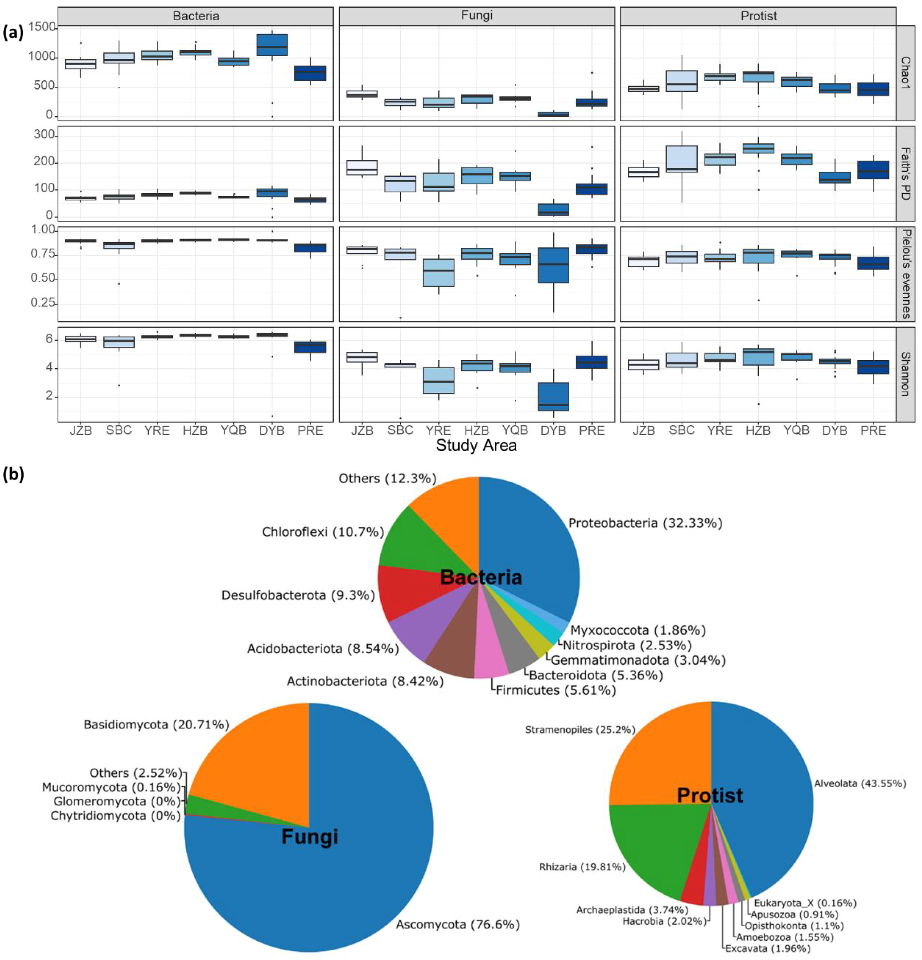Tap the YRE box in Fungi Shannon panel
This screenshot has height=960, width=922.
pyautogui.click(x=438, y=380)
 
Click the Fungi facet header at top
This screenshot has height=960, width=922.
pyautogui.click(x=476, y=16)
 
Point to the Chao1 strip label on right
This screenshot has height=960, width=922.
pyautogui.click(x=905, y=73)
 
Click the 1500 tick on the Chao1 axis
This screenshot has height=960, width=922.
pyautogui.click(x=41, y=27)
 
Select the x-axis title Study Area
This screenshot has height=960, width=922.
pyautogui.click(x=476, y=445)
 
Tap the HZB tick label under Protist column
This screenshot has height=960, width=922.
pyautogui.click(x=758, y=430)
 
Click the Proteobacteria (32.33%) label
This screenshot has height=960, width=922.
pyautogui.click(x=645, y=523)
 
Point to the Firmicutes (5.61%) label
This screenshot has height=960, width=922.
pyautogui.click(x=556, y=690)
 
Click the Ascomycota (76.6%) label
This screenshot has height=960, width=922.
pyautogui.click(x=458, y=924)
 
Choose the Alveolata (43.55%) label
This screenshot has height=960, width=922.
pyautogui.click(x=860, y=784)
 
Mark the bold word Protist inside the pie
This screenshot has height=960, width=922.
pyautogui.click(x=710, y=795)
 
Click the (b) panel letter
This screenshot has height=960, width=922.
pyautogui.click(x=14, y=475)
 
